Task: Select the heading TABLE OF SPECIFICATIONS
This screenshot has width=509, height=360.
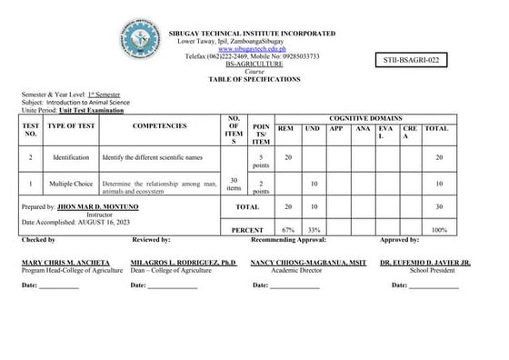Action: pos(252,79)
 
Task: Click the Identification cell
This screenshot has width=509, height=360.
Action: pos(71,157)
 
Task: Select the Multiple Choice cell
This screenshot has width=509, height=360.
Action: pos(71,185)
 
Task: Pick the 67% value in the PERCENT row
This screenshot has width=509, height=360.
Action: pos(288,230)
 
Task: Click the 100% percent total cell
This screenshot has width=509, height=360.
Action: pos(438,230)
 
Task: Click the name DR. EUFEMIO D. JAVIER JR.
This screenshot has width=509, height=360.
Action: pos(425,263)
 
